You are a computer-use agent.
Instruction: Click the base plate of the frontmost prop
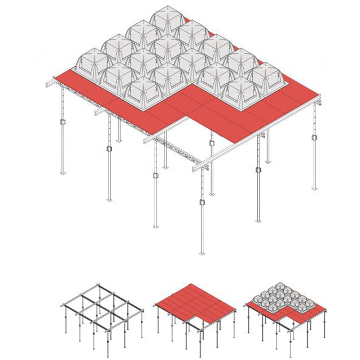(x=202, y=252)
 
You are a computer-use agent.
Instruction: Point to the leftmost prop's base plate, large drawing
(x=62, y=172)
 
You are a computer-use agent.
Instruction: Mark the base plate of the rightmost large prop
(x=314, y=188)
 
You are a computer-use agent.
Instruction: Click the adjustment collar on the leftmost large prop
(x=62, y=122)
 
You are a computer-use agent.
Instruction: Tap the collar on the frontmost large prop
(x=202, y=202)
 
